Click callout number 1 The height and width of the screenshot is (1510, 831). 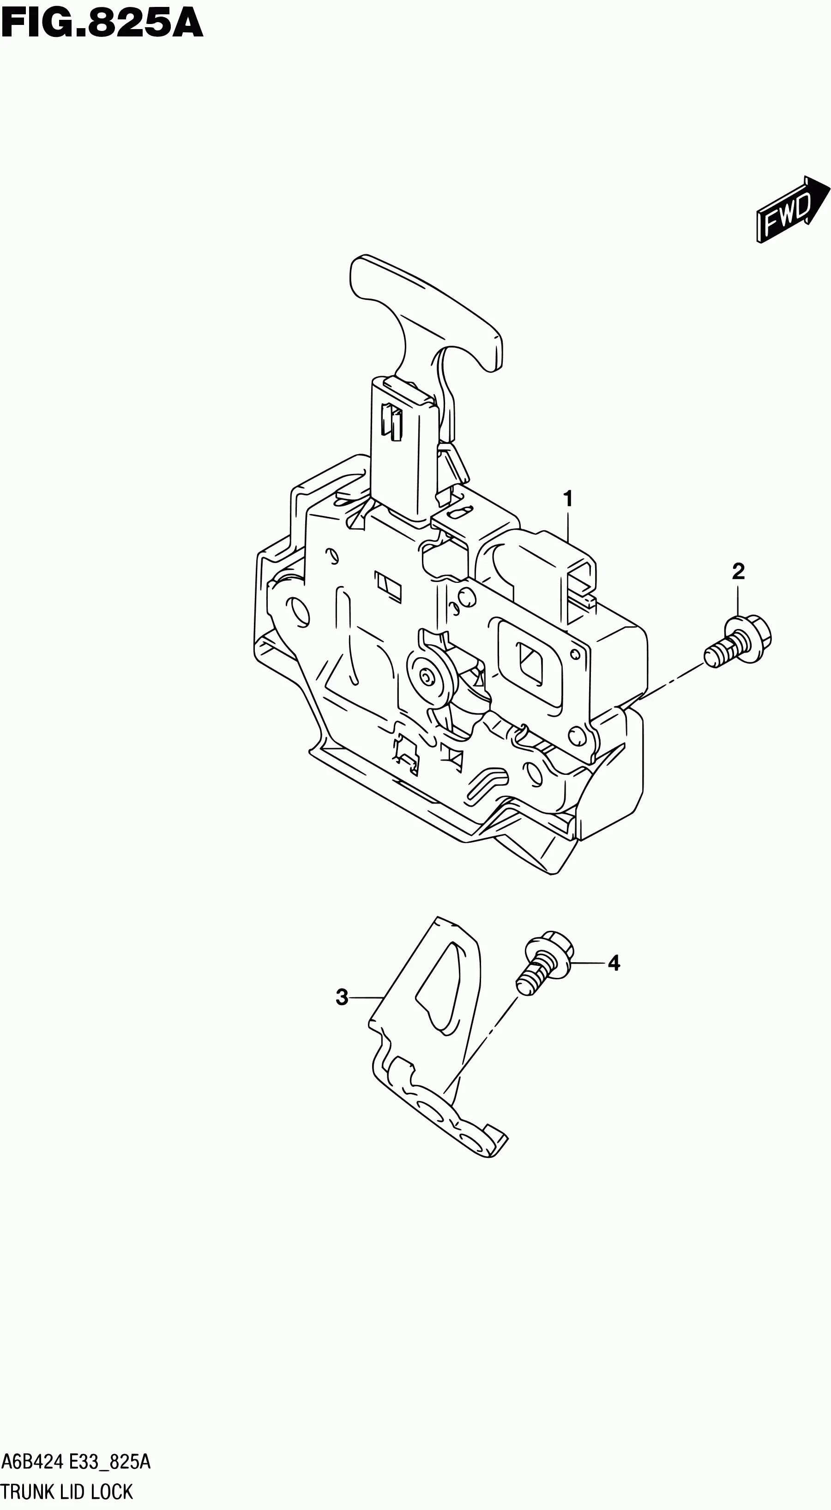(567, 499)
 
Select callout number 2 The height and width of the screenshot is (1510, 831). (738, 571)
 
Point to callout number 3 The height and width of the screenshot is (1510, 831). (342, 997)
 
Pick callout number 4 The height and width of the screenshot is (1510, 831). (614, 963)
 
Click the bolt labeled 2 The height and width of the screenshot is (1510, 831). (738, 641)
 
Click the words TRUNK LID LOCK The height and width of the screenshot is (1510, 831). (67, 1490)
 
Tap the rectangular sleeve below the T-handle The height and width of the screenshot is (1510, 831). (404, 447)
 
